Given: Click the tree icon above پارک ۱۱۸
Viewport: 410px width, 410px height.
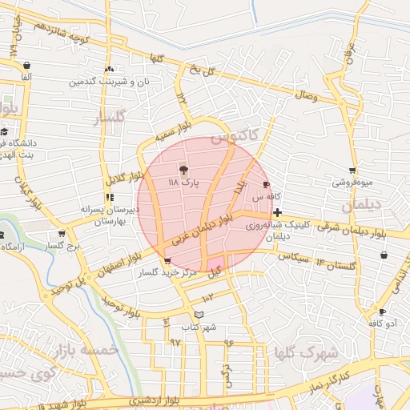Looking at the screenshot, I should pos(183,169).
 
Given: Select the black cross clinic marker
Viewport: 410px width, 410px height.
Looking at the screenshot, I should pos(277,212).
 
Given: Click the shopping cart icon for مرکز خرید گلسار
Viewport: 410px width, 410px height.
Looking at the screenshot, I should pos(167,261).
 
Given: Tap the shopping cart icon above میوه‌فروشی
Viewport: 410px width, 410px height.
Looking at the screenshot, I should pos(352,170).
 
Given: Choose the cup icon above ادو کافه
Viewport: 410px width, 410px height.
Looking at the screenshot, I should pos(382,312).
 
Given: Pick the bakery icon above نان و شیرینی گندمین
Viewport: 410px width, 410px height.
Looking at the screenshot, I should pos(109,69).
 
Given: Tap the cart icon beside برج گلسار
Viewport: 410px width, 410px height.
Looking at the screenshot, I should pos(61,234).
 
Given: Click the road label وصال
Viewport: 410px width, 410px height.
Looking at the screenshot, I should pos(307,96).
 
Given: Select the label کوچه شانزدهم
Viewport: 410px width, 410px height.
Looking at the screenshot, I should pos(66,33).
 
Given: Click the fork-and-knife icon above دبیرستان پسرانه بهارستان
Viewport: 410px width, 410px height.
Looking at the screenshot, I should pos(109,196).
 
